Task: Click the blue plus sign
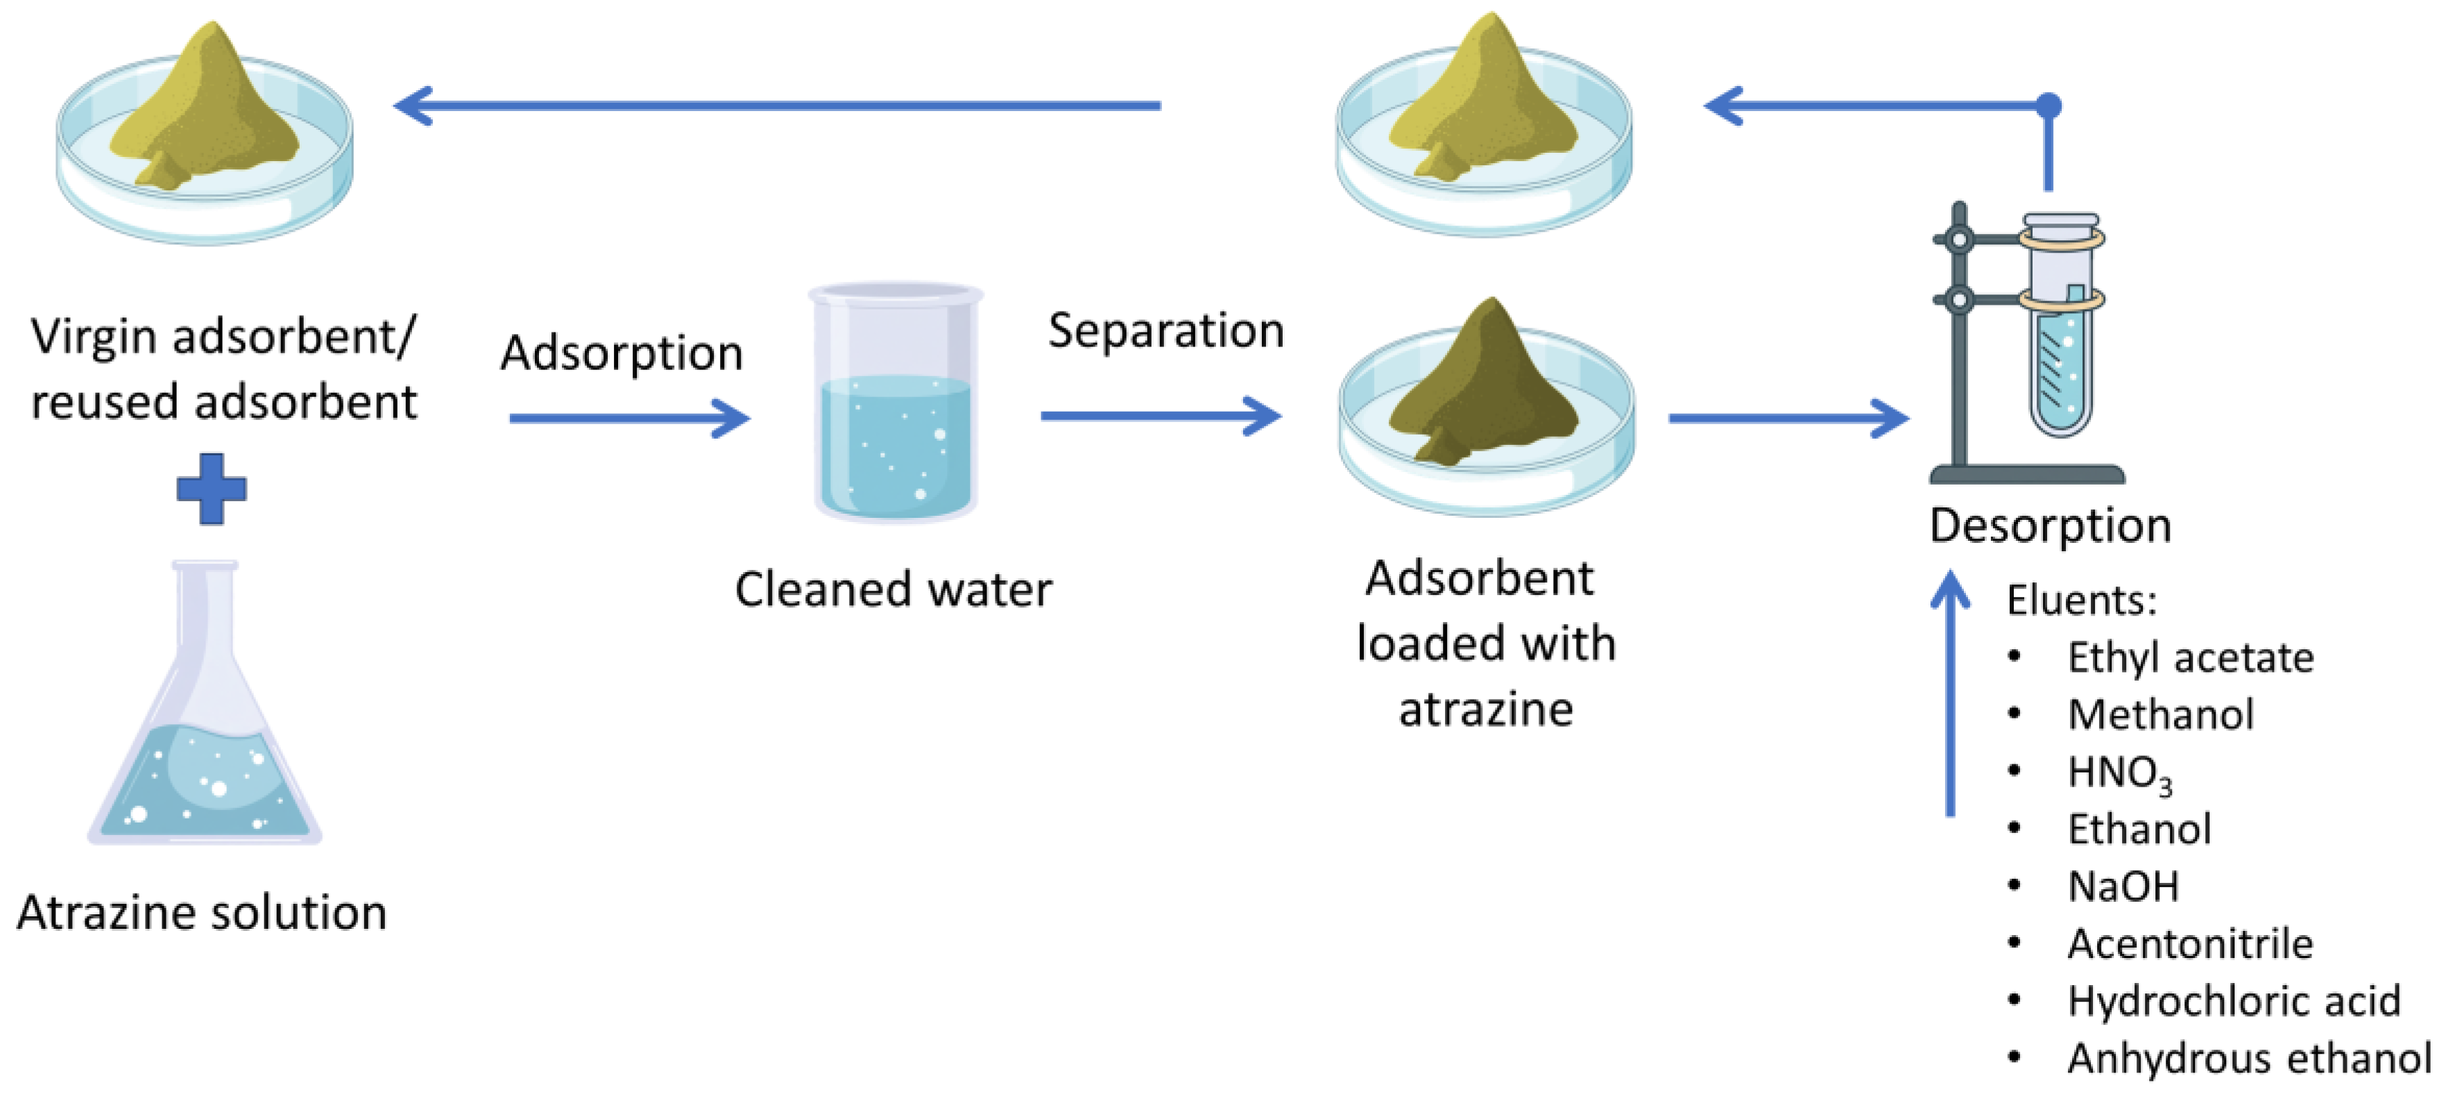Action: (x=212, y=489)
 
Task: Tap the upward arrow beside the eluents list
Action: (x=1950, y=694)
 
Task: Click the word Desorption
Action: (x=2050, y=526)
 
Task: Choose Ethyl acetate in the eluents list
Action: (x=2189, y=657)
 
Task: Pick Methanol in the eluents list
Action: (x=2160, y=714)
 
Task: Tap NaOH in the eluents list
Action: (x=2123, y=886)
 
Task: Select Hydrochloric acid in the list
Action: (x=2233, y=1001)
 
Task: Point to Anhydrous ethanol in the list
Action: (x=2248, y=1058)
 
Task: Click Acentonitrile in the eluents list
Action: (x=2189, y=944)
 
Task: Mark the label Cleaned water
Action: (x=893, y=590)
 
